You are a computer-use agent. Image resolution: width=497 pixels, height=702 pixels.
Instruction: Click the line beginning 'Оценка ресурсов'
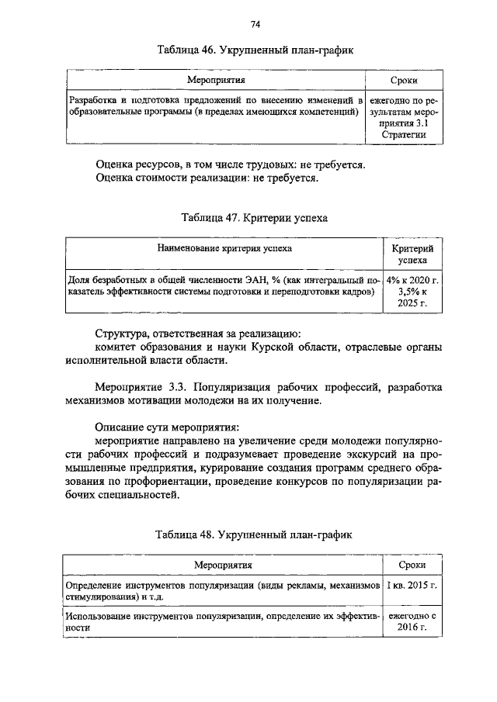[230, 164]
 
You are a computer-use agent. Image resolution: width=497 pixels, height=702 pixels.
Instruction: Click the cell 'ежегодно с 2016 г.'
[412, 621]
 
